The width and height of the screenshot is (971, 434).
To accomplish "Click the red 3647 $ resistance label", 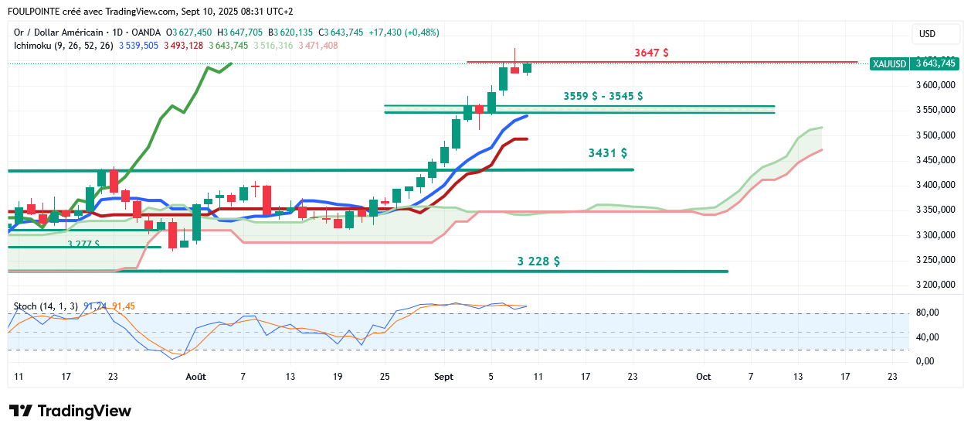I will click(x=651, y=53).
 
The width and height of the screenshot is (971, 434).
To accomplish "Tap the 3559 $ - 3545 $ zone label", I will click(x=603, y=96).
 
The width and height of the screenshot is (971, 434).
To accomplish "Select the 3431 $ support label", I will click(x=607, y=153).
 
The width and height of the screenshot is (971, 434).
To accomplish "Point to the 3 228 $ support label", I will click(x=538, y=261).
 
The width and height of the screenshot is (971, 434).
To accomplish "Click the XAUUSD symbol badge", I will click(x=889, y=63).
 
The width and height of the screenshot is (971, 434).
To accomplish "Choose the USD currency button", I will click(x=927, y=34).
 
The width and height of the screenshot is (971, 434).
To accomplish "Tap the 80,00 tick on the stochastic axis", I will click(x=927, y=313).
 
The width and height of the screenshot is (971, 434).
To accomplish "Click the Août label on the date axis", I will click(x=196, y=377).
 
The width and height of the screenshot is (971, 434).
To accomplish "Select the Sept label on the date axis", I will click(x=443, y=377).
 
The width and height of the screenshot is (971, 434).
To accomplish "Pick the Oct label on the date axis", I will click(x=703, y=377).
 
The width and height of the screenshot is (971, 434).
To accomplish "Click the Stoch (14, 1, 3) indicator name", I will click(x=45, y=306).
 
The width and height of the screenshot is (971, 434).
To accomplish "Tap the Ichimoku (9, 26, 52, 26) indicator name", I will click(x=63, y=46).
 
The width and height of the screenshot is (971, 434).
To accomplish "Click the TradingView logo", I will click(x=70, y=411).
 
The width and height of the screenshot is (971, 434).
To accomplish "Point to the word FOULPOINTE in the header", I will click(x=36, y=12).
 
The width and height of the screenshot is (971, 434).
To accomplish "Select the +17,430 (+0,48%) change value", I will click(x=403, y=32).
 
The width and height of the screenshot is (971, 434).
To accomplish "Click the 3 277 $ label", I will click(x=83, y=244).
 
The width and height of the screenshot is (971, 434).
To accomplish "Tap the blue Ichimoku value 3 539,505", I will click(x=139, y=46).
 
